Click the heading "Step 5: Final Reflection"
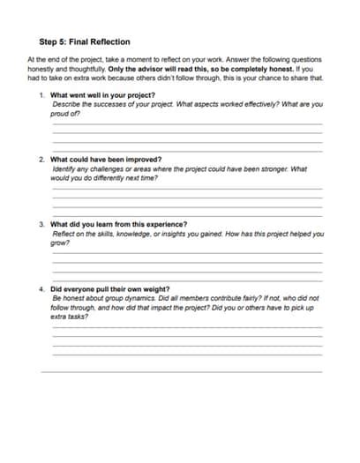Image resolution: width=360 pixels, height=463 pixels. (85, 41)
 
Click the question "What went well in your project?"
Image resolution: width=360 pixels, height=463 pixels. (103, 94)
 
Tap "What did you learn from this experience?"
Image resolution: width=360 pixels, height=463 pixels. (119, 224)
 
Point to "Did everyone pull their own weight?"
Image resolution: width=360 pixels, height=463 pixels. (110, 288)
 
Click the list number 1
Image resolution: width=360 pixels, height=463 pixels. (41, 94)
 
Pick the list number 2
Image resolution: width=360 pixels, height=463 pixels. (41, 160)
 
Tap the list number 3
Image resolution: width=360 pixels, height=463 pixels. (41, 224)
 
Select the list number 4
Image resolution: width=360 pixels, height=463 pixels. (41, 288)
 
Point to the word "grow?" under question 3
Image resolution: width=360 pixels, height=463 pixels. (61, 243)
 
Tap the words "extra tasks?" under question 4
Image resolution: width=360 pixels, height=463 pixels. (71, 317)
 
